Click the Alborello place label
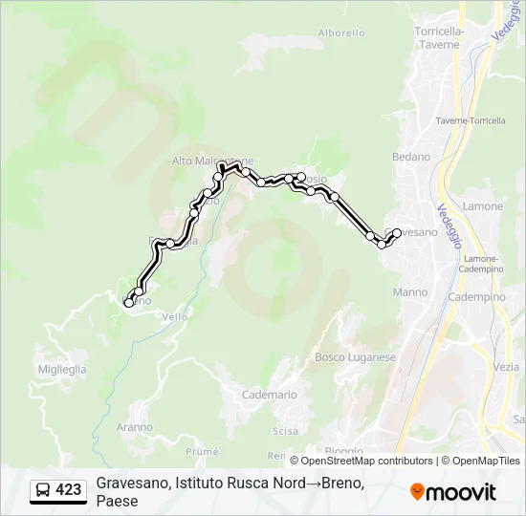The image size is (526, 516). pyautogui.click(x=341, y=32)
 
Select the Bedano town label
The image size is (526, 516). pyautogui.click(x=411, y=157)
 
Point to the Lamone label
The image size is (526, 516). pyautogui.click(x=482, y=206)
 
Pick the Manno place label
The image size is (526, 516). pyautogui.click(x=409, y=292)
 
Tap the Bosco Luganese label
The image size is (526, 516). pyautogui.click(x=355, y=357)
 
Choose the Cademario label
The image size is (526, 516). pyautogui.click(x=270, y=395)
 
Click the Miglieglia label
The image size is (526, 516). pyautogui.click(x=62, y=369)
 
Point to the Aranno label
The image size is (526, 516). pyautogui.click(x=135, y=427)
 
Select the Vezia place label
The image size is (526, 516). pyautogui.click(x=507, y=367)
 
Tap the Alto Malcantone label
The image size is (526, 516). pyautogui.click(x=212, y=161)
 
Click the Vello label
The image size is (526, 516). pyautogui.click(x=175, y=317)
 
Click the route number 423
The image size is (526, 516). pyautogui.click(x=68, y=490)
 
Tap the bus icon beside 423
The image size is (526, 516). pyautogui.click(x=43, y=490)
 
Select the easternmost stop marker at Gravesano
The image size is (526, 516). pyautogui.click(x=397, y=232)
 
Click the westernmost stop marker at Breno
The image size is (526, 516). pyautogui.click(x=129, y=303)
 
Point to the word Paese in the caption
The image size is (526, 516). pyautogui.click(x=118, y=501)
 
